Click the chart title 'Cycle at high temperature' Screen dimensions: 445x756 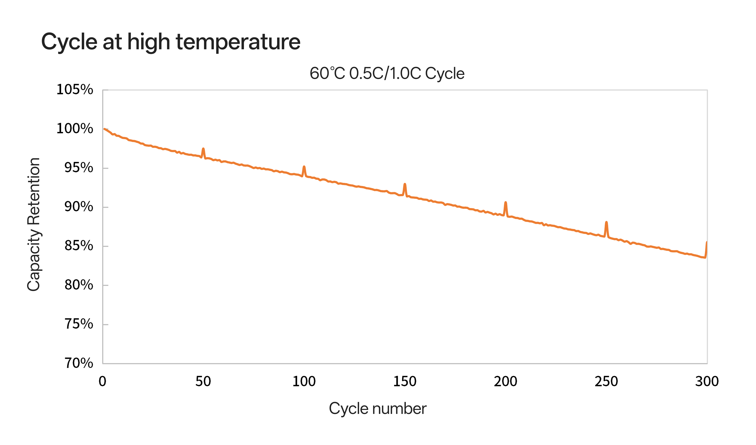point(170,42)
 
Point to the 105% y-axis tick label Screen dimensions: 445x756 point(75,90)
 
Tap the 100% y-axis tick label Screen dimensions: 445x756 point(75,129)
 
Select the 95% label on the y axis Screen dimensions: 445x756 point(79,168)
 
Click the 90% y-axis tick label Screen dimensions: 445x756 point(79,207)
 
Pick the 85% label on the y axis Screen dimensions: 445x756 point(79,246)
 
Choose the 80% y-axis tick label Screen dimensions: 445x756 point(79,285)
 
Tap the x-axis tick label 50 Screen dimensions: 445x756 point(203,382)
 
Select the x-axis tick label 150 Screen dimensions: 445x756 point(405,382)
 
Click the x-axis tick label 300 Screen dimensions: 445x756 point(707,382)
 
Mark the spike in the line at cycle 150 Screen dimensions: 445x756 point(405,184)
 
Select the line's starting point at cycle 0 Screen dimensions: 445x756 point(104,129)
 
